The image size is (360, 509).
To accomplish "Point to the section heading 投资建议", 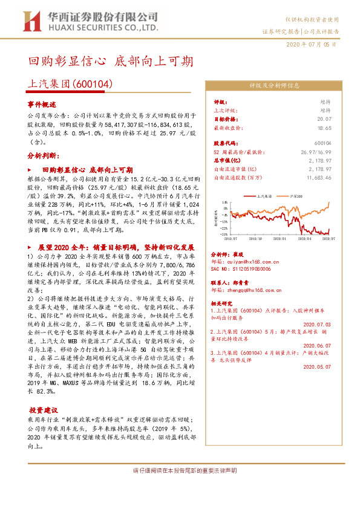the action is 45,409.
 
